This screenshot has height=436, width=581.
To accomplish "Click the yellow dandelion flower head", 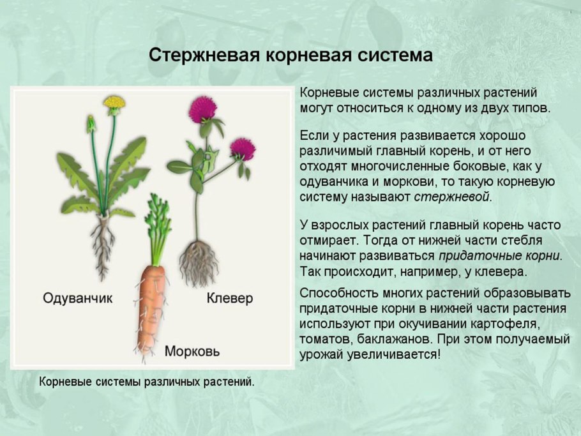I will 114,102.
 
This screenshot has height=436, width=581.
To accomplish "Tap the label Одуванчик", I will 77,298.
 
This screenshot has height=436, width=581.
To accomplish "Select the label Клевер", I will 230,298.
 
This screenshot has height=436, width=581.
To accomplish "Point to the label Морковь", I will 192,351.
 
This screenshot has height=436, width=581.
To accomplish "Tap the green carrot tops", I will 156,227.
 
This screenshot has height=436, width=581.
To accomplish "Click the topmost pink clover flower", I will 202,109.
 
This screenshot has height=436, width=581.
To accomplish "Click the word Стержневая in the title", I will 203,55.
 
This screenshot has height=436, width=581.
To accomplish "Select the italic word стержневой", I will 453,197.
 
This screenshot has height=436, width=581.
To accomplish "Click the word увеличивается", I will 400,354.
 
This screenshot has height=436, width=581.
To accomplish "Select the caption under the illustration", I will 147,382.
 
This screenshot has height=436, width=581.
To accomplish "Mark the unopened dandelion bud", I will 91,123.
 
